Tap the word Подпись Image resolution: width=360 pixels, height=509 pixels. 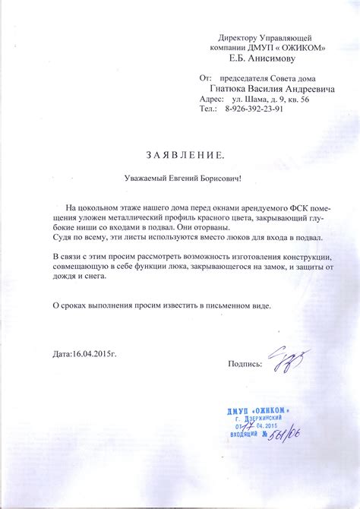245,364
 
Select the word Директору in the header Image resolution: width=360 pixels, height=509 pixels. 242,37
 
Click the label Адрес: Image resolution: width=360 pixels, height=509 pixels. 211,99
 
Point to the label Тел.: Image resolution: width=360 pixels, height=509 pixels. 208,109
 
